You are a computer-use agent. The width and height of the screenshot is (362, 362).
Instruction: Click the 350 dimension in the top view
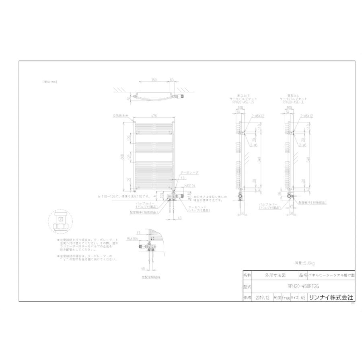coord(154,80)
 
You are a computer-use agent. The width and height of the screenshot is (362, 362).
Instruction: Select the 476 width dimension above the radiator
coord(154,116)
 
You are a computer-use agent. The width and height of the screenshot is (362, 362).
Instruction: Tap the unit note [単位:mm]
coord(50,82)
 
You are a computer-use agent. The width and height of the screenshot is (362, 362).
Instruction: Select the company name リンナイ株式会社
coord(331,298)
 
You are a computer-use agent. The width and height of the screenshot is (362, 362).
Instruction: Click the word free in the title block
coord(286,298)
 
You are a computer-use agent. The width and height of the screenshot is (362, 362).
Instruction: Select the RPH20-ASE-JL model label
coord(294,102)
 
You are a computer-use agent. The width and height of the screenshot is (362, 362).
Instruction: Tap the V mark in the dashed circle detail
coord(60,220)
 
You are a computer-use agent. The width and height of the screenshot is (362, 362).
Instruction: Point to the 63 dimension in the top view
coord(172,80)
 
